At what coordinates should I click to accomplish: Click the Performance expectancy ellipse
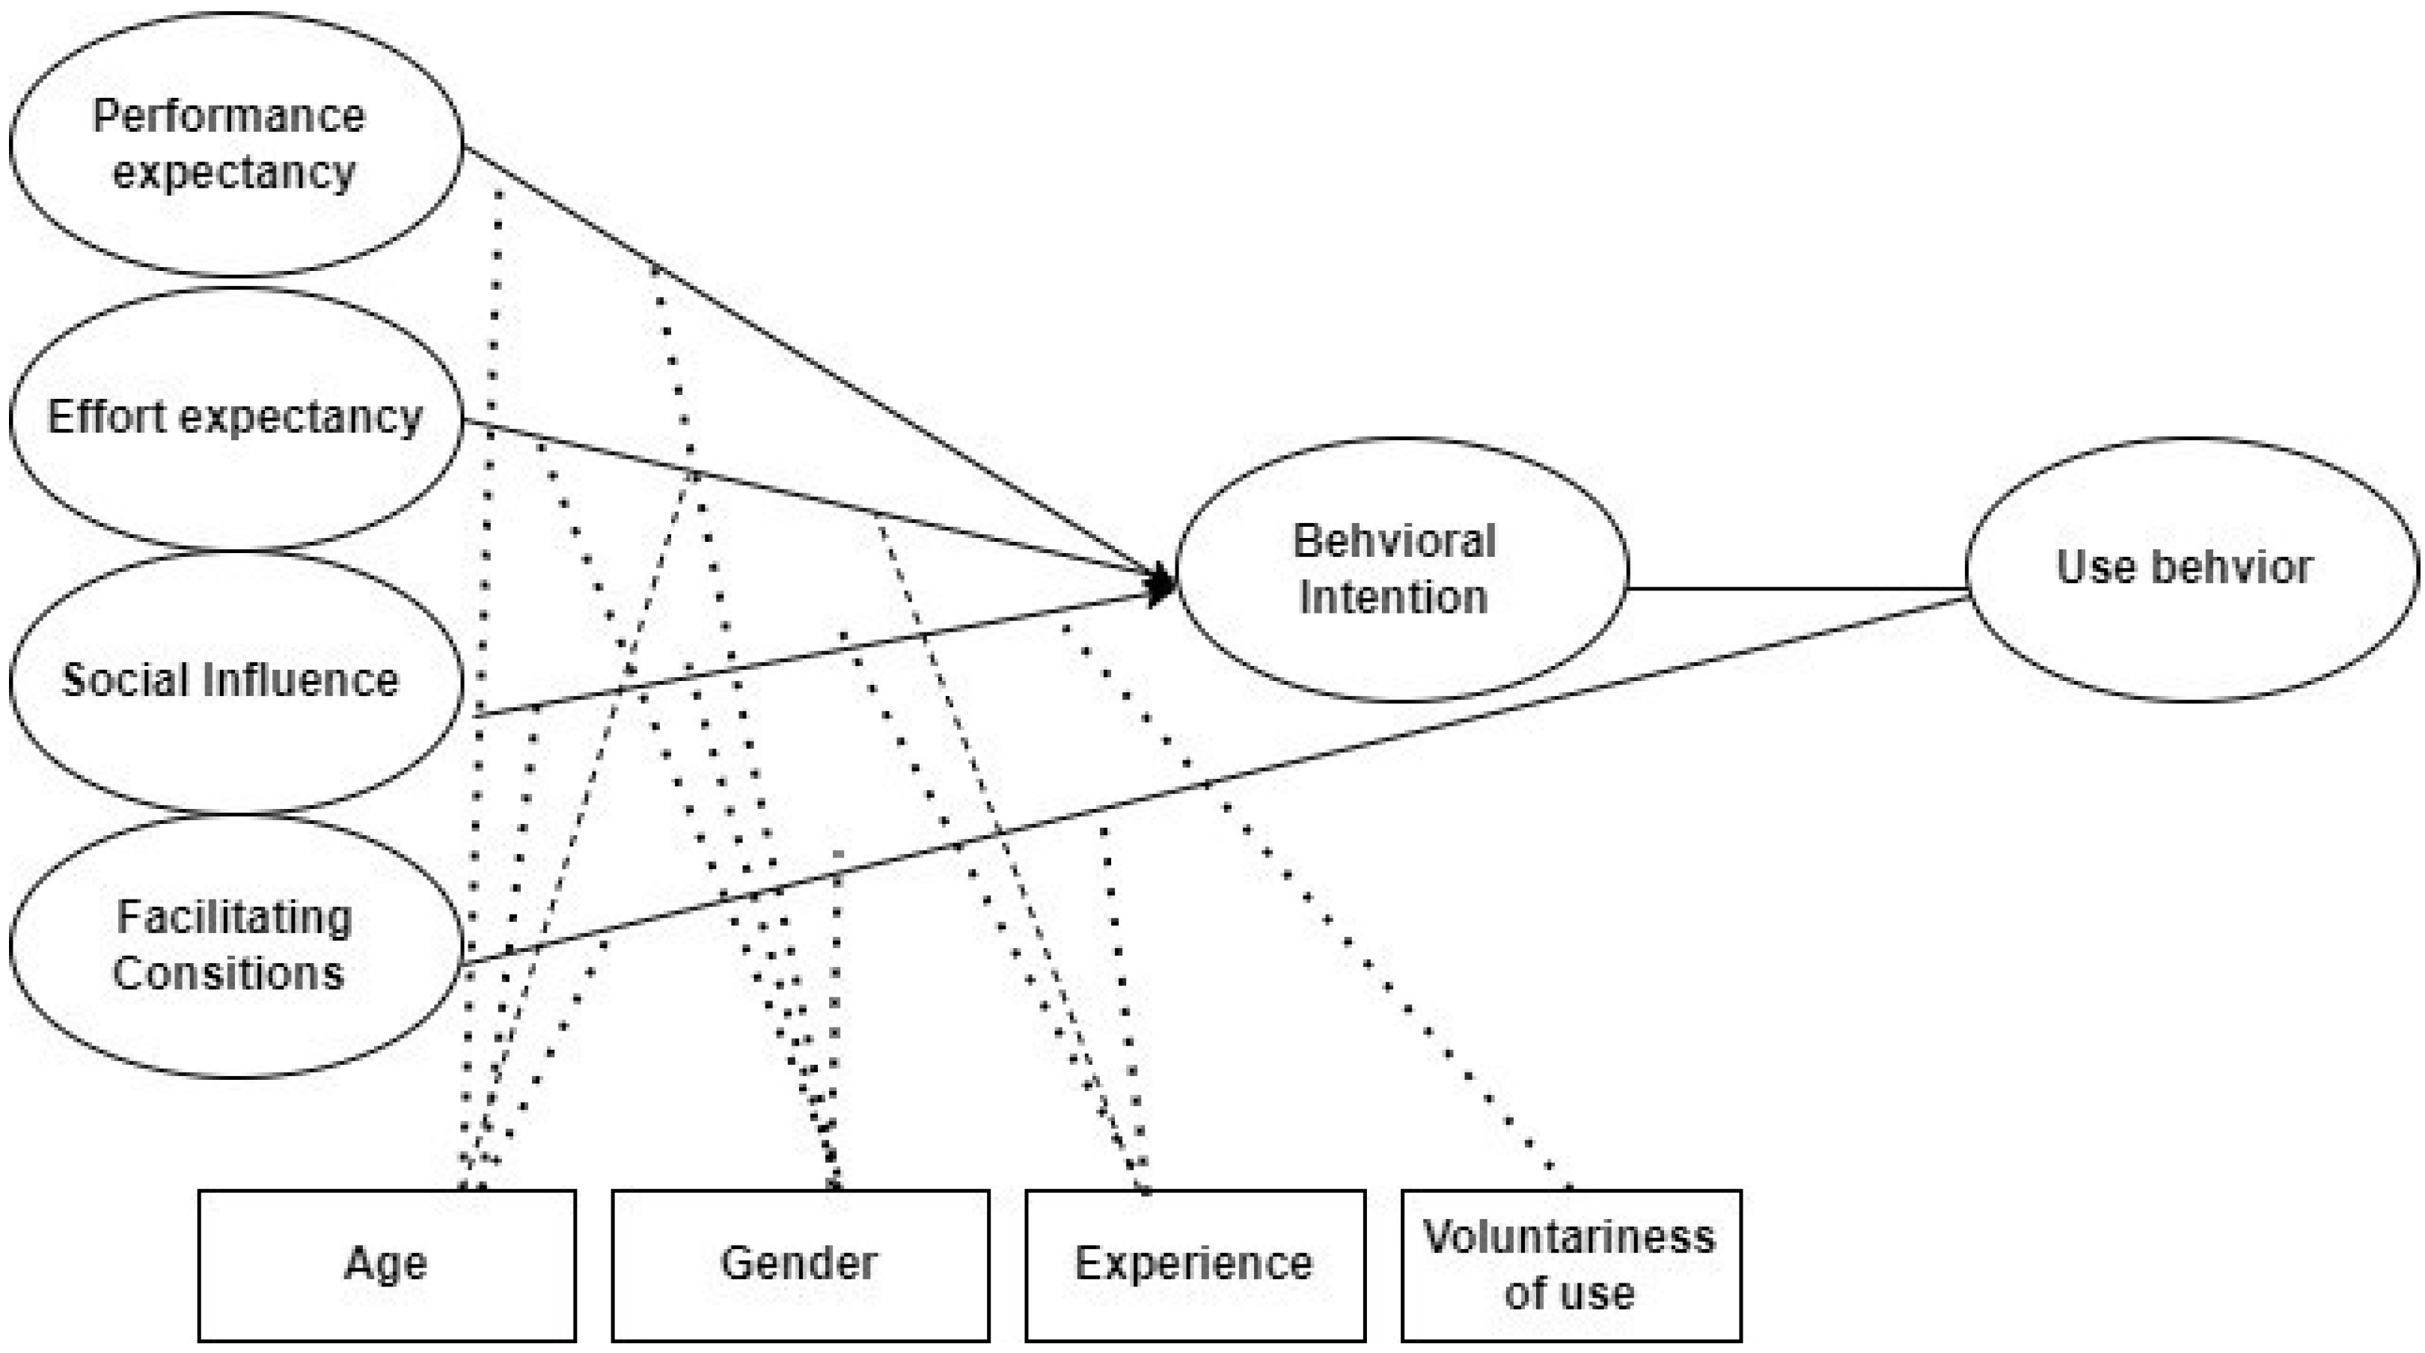(236, 143)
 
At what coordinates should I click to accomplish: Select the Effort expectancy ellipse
(236, 417)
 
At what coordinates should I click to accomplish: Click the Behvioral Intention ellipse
(1401, 569)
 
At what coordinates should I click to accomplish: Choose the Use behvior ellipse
(2192, 568)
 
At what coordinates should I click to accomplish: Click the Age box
(387, 1265)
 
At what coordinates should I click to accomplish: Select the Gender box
(800, 1265)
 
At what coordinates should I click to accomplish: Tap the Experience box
(1195, 1265)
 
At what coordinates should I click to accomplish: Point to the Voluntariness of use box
(1571, 1265)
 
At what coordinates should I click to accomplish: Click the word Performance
(229, 117)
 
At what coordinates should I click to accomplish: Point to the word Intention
(1393, 598)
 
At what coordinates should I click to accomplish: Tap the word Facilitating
(234, 917)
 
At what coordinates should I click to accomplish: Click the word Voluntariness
(1569, 1237)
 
